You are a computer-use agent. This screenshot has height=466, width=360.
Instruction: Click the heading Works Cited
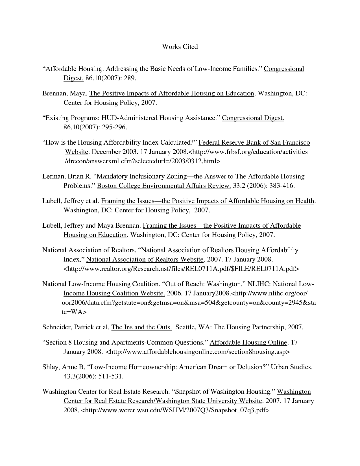(x=180, y=47)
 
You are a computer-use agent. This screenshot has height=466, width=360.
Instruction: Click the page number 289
(x=130, y=78)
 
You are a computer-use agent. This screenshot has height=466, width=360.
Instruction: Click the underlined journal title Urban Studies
(x=291, y=367)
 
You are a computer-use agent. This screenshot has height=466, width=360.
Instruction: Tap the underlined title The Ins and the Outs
(x=141, y=327)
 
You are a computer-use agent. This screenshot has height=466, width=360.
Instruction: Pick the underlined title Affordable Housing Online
(x=248, y=343)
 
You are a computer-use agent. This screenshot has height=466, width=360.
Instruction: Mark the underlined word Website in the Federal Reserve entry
(x=77, y=152)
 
